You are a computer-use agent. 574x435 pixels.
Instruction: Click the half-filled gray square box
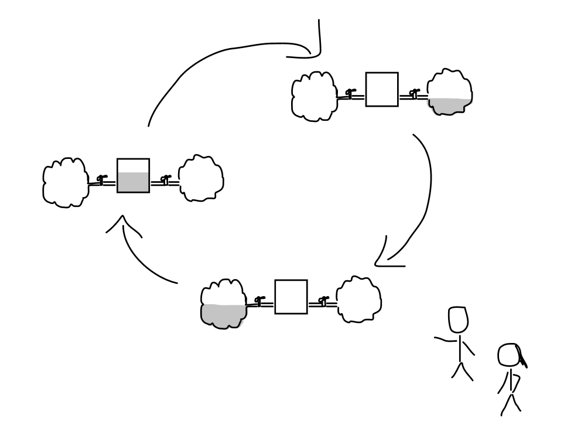(x=133, y=176)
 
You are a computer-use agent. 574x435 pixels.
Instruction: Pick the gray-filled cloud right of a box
(x=449, y=94)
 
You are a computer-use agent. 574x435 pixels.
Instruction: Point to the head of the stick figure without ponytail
(x=459, y=320)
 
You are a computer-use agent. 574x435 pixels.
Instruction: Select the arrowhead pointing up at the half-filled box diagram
(x=123, y=223)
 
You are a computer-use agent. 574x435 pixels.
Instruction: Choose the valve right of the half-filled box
(x=165, y=179)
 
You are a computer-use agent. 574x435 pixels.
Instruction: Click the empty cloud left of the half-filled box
(x=66, y=182)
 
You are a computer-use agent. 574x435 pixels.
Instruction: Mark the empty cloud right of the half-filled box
(x=201, y=178)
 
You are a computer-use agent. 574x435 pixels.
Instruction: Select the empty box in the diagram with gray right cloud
(x=382, y=90)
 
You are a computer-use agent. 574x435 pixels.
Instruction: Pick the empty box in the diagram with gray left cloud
(x=291, y=297)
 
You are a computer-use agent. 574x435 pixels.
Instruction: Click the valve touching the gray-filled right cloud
(x=414, y=93)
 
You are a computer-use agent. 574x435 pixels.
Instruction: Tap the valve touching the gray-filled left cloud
(x=258, y=301)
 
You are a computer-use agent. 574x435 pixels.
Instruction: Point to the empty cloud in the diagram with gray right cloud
(x=314, y=96)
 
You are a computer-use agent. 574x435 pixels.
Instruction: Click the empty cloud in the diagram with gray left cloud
(x=359, y=299)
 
